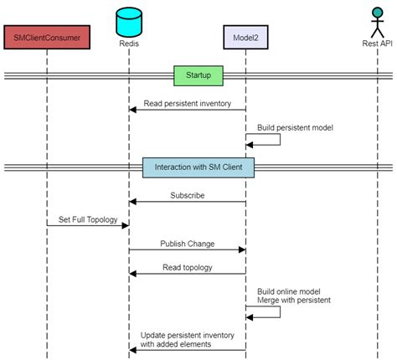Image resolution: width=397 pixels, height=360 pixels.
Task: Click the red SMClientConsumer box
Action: [x=47, y=37]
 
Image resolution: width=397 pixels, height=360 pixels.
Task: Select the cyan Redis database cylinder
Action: [x=129, y=23]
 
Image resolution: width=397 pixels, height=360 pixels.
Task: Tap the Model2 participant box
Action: [x=245, y=37]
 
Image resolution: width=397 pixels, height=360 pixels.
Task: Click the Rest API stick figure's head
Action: [x=378, y=13]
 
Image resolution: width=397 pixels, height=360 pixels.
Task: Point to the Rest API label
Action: [x=377, y=44]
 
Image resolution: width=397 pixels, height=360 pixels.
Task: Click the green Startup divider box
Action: [x=198, y=75]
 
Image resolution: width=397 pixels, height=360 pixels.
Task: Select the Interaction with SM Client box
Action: [x=198, y=167]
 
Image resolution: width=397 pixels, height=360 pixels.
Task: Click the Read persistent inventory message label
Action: [x=188, y=104]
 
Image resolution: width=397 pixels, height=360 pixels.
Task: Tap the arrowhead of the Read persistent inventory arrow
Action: [x=132, y=110]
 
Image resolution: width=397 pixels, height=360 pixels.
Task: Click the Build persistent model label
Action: [x=295, y=128]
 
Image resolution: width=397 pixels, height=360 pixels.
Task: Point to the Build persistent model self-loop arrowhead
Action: [x=250, y=145]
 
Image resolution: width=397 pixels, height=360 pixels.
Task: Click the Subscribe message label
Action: [x=188, y=195]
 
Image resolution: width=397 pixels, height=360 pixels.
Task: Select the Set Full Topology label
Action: [x=88, y=219]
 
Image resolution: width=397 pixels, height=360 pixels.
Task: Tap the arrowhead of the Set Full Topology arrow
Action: [x=126, y=225]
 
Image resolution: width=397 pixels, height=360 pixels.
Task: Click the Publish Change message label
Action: [x=188, y=244]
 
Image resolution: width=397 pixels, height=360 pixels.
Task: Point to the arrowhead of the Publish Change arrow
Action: [x=242, y=249]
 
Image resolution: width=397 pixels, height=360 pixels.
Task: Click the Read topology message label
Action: [x=188, y=268]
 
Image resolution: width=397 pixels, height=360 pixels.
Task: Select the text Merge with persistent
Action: [x=294, y=301]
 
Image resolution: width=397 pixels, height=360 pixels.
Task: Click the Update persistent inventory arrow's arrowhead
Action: [x=132, y=350]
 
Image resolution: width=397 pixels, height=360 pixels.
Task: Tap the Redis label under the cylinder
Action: [x=129, y=44]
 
